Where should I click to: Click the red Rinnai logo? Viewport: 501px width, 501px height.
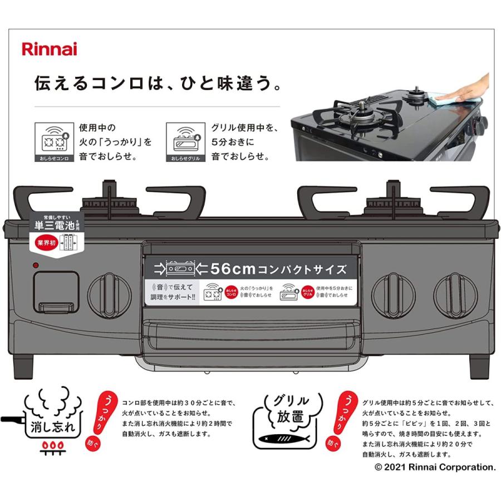(49, 49)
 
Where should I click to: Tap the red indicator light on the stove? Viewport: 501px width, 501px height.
(35, 266)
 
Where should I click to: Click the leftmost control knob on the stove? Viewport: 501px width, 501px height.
(110, 295)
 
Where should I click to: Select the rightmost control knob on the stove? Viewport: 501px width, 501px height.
(455, 295)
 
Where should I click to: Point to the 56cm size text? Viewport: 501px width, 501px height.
(233, 269)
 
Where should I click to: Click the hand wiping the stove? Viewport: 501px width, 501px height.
(468, 89)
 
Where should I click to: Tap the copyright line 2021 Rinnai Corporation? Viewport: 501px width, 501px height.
(435, 467)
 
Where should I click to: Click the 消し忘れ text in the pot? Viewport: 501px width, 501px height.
(51, 427)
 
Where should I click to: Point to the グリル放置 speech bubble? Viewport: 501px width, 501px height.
(290, 408)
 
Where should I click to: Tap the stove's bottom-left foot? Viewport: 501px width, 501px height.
(24, 365)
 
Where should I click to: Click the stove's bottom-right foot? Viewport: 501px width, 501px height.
(479, 365)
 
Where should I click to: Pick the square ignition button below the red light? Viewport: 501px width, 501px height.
(55, 291)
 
